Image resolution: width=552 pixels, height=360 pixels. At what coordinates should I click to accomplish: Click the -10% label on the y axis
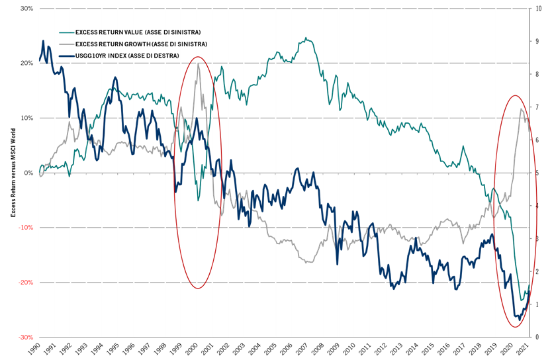point(26,228)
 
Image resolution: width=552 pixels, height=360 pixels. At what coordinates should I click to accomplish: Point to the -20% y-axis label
point(26,283)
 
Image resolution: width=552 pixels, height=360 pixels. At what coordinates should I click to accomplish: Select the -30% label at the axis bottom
point(26,337)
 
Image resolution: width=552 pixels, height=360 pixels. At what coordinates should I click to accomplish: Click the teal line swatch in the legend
point(67,32)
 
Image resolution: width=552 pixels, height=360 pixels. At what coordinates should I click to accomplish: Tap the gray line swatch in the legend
point(67,44)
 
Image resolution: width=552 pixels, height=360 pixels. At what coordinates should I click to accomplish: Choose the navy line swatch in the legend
point(67,56)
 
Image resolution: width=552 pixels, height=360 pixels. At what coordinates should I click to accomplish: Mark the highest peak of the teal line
point(306,38)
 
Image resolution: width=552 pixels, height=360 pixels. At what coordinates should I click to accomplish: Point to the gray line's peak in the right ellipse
point(522,109)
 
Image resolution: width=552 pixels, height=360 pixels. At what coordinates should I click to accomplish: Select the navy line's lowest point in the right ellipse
point(518,317)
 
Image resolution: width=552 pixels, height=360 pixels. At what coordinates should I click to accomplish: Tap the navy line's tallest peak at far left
point(44,41)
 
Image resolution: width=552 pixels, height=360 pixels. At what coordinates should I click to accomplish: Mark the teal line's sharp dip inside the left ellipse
point(198,199)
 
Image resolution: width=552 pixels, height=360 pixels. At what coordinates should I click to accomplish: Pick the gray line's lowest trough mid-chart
point(308,263)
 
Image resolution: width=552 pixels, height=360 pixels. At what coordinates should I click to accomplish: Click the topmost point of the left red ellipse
point(197,57)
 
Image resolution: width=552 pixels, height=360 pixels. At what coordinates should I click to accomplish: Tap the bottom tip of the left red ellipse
point(197,289)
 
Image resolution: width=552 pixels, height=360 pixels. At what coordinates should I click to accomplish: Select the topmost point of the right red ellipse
point(515,96)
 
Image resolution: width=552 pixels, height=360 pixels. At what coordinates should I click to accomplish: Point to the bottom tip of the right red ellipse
point(515,327)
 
